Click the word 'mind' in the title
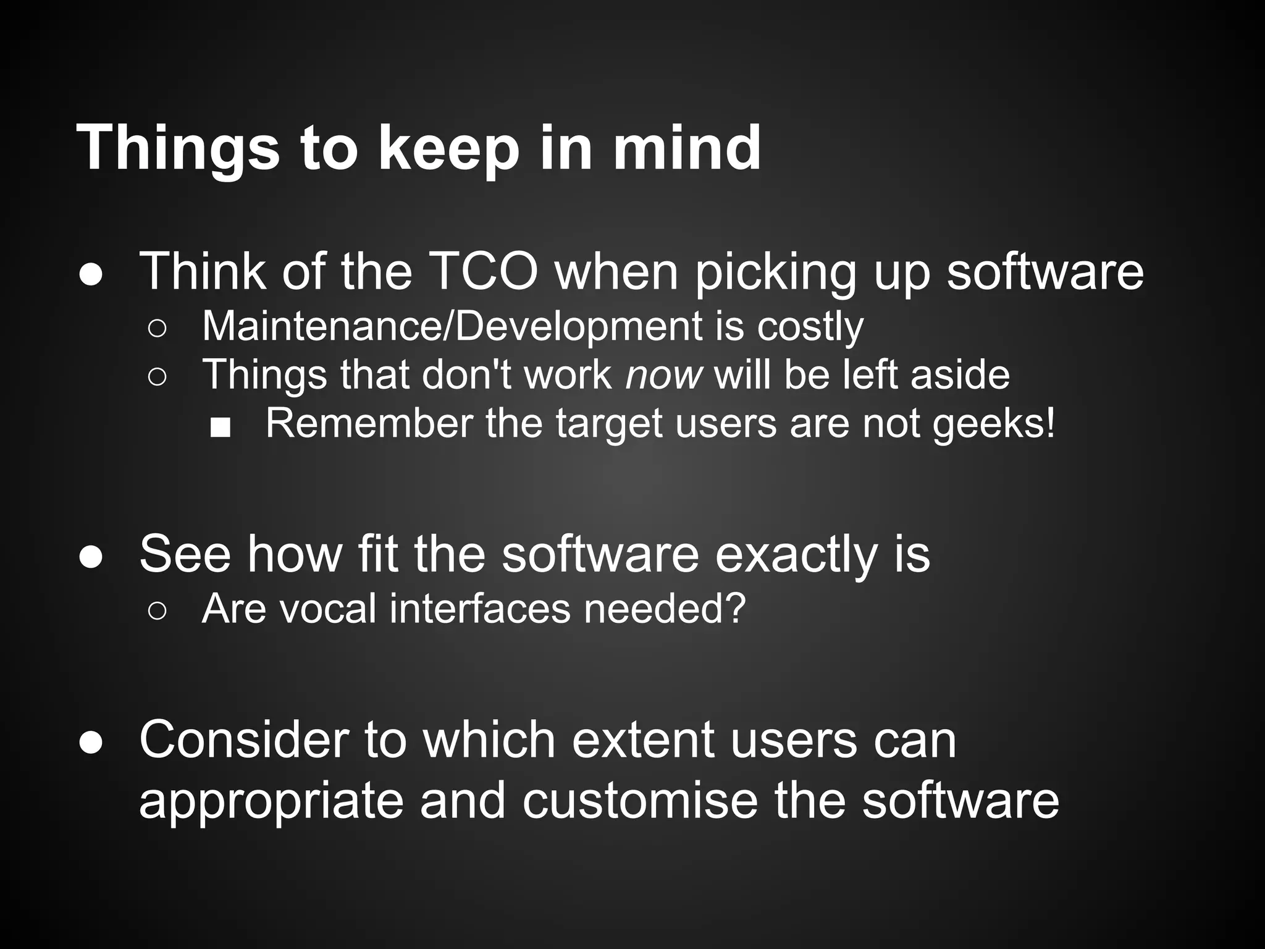[x=686, y=148]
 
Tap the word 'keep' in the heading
[x=449, y=149]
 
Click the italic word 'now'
[x=664, y=375]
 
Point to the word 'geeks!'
[x=994, y=424]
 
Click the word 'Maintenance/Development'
[x=452, y=326]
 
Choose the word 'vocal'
[x=328, y=609]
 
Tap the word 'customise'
[x=640, y=801]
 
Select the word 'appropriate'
[x=271, y=802]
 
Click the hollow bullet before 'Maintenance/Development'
[x=157, y=329]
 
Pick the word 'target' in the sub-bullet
[x=608, y=424]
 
